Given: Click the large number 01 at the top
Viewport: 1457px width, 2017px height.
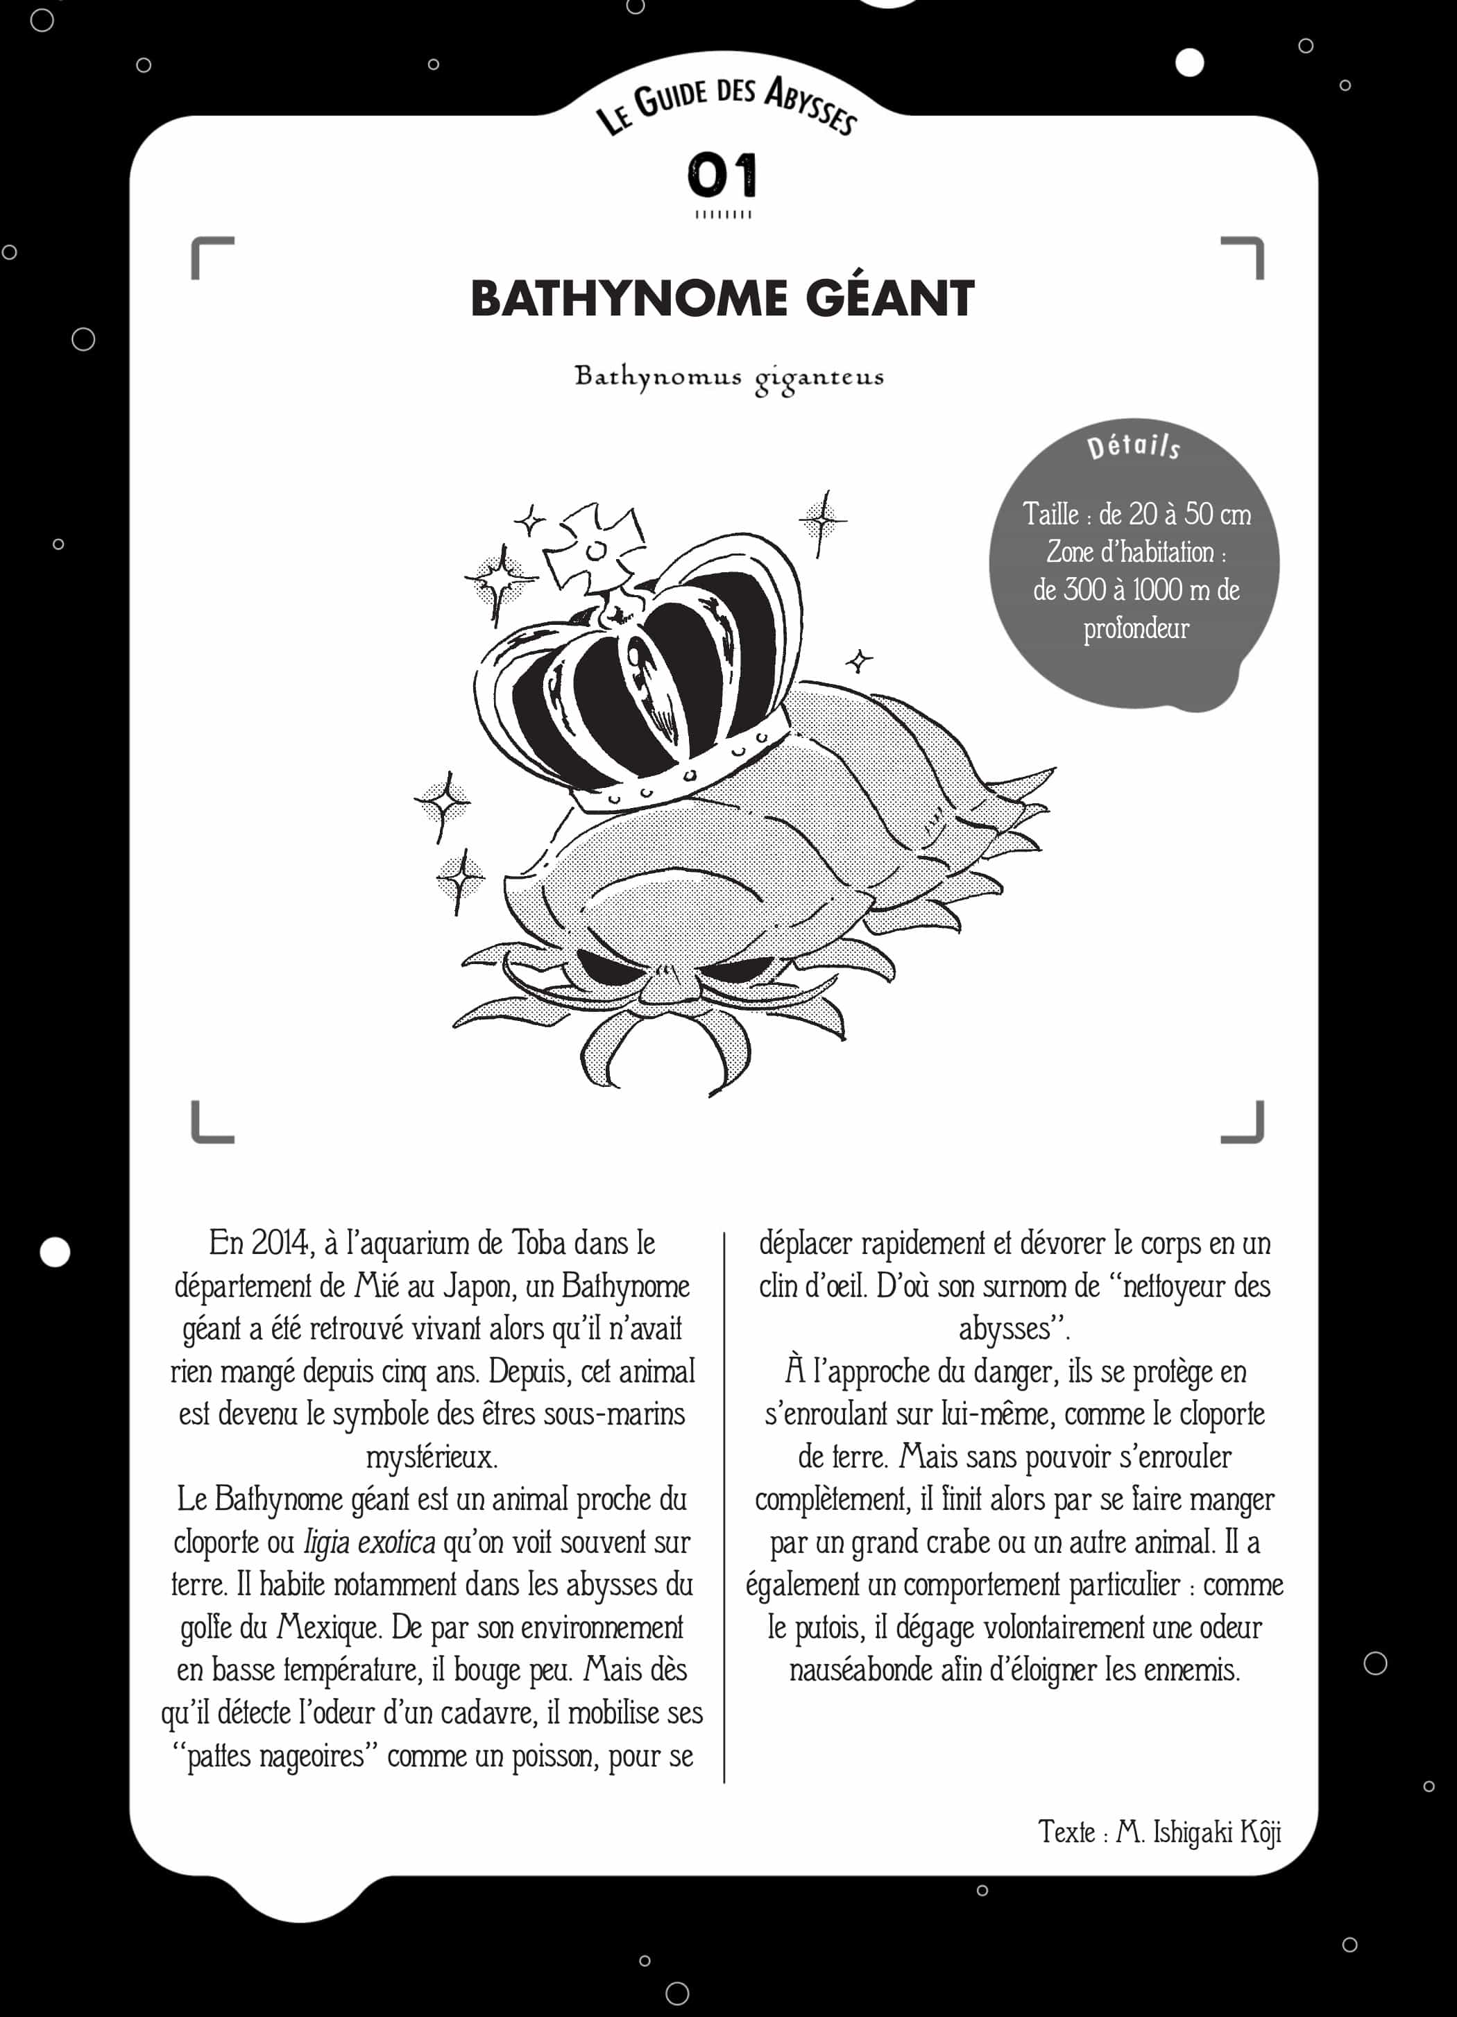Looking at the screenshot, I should pyautogui.click(x=722, y=175).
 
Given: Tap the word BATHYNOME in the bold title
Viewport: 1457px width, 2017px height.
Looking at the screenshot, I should pyautogui.click(x=629, y=299).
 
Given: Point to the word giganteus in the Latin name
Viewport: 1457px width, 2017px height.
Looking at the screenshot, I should pyautogui.click(x=819, y=378).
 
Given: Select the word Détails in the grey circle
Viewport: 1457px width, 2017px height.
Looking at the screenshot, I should pyautogui.click(x=1133, y=445).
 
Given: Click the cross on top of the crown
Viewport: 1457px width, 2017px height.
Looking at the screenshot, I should pyautogui.click(x=593, y=549).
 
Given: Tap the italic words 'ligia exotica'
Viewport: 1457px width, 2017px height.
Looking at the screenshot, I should pyautogui.click(x=369, y=1541).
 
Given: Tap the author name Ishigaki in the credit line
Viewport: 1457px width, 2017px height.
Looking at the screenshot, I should pyautogui.click(x=1192, y=1831).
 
